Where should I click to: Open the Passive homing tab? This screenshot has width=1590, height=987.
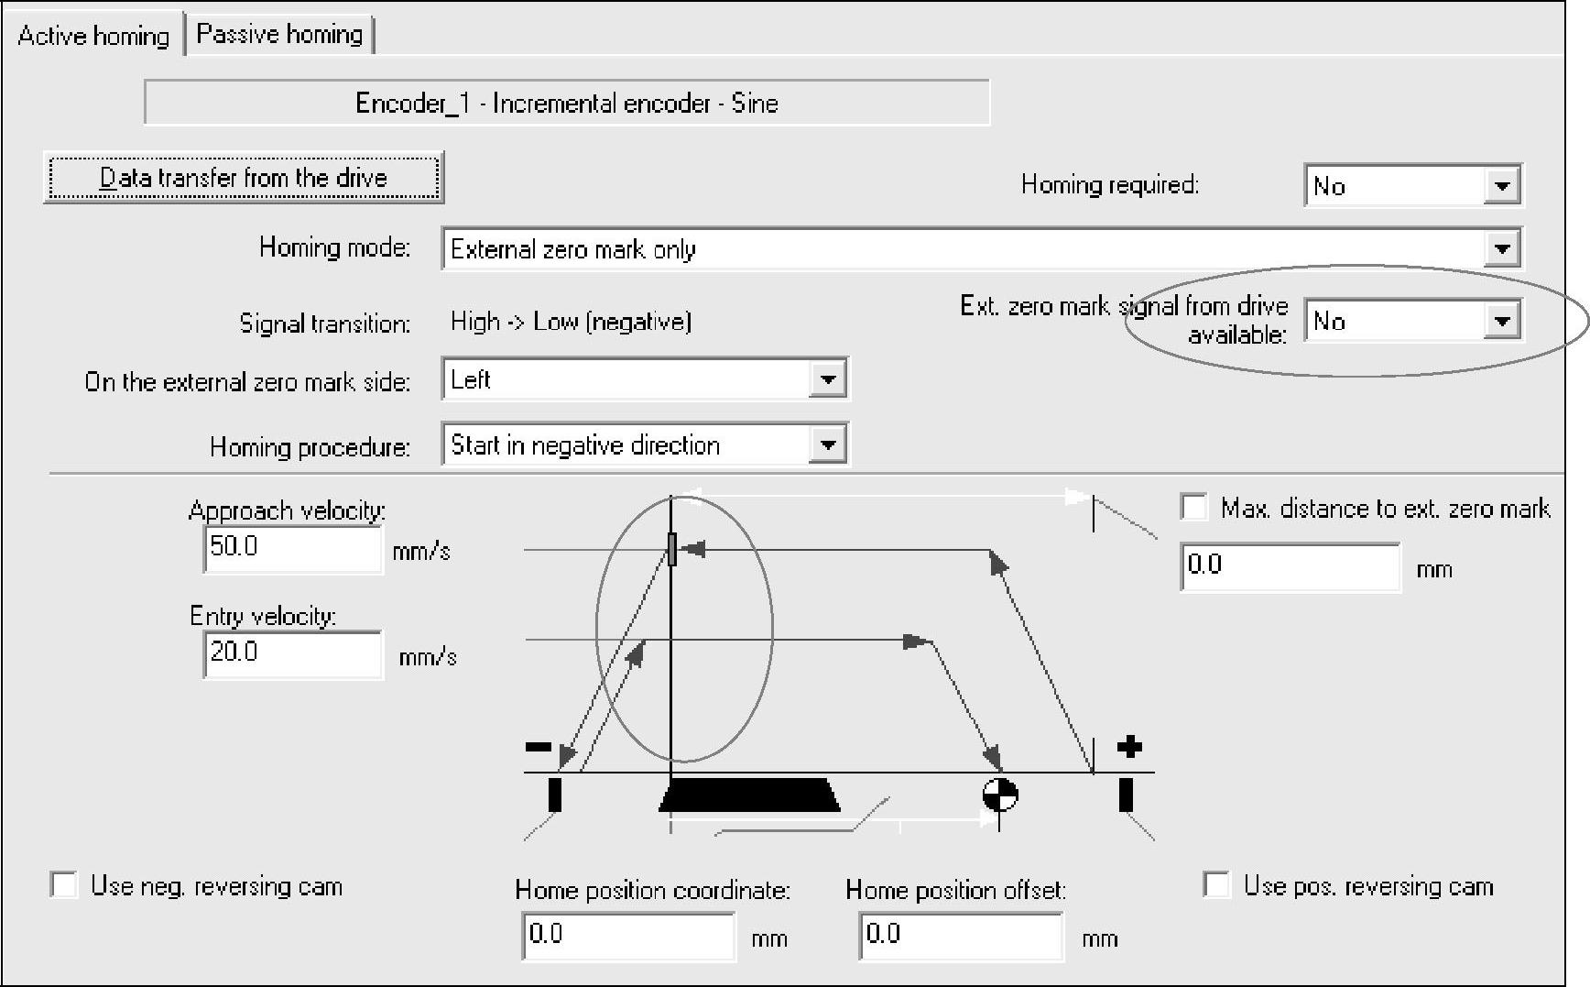click(280, 35)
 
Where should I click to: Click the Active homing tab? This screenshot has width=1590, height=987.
click(93, 36)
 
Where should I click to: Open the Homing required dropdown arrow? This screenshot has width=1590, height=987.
click(1501, 186)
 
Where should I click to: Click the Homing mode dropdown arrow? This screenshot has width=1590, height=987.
click(1501, 248)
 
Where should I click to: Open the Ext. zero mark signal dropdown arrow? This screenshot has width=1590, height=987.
click(1501, 321)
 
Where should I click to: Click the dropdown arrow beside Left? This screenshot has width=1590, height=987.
click(827, 379)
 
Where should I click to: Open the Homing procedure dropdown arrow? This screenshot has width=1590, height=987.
click(827, 445)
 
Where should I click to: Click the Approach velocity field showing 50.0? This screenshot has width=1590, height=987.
click(291, 548)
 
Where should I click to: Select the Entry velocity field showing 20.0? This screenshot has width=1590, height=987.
click(291, 653)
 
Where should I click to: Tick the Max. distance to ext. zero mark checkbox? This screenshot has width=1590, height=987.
click(1194, 508)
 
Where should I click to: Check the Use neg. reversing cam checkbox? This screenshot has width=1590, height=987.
click(64, 885)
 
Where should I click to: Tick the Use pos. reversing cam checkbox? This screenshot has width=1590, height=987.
click(1216, 885)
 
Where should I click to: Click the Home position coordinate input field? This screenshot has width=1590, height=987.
click(627, 935)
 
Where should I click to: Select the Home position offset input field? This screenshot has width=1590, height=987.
click(960, 935)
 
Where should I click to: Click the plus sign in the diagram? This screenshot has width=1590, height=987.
click(1130, 747)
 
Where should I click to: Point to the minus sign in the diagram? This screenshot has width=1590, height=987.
click(538, 747)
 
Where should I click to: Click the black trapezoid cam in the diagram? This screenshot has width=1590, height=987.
click(749, 795)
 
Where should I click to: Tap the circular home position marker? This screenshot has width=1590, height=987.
click(999, 795)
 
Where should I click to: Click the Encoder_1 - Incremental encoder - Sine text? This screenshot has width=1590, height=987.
click(566, 103)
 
